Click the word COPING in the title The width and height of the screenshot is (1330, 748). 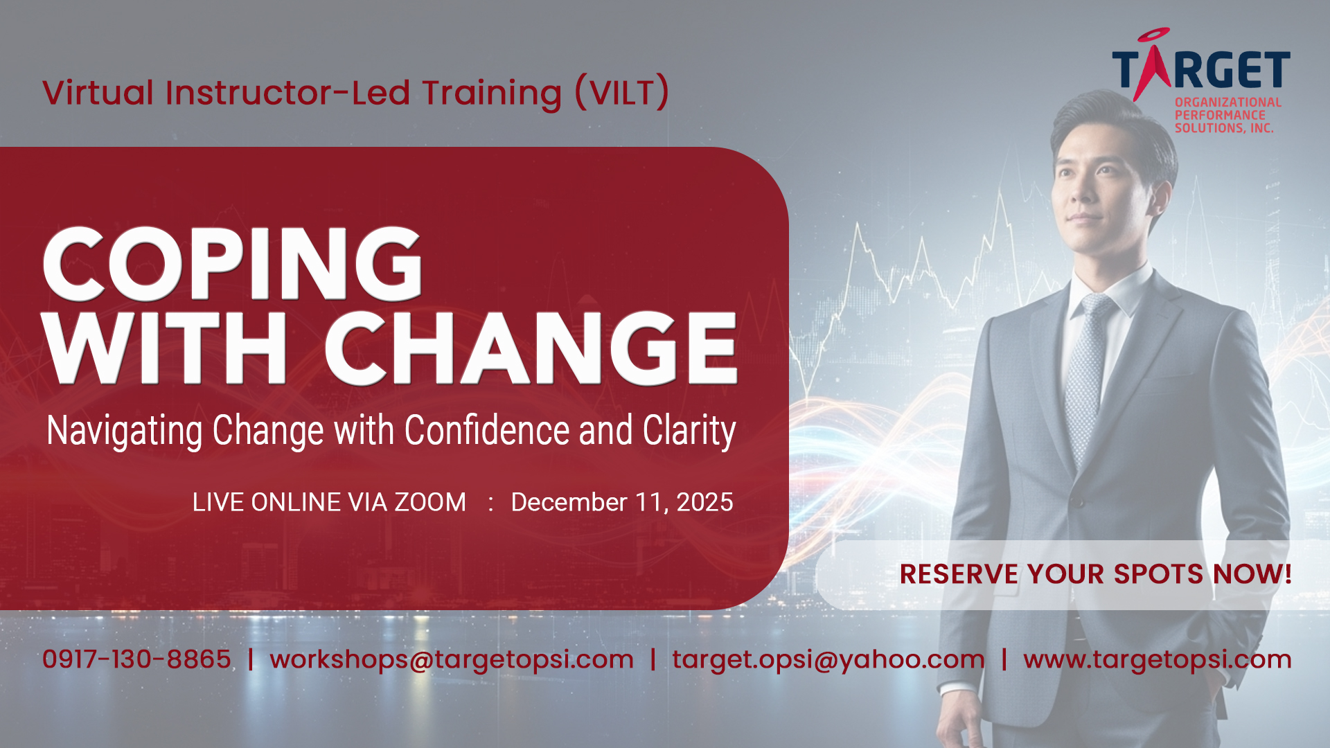point(233,264)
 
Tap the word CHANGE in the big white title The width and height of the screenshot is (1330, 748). point(531,348)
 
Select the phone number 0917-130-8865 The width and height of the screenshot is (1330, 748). point(136,659)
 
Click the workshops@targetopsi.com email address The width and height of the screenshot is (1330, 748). point(452,660)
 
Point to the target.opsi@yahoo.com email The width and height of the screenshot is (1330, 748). point(828,660)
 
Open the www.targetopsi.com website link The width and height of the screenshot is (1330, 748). point(1158,660)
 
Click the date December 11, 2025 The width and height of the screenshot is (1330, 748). point(622,503)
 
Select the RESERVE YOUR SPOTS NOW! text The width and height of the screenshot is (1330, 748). point(1095,574)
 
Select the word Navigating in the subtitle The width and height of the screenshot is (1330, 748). point(125,431)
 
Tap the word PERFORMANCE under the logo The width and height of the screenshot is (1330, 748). point(1220,115)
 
